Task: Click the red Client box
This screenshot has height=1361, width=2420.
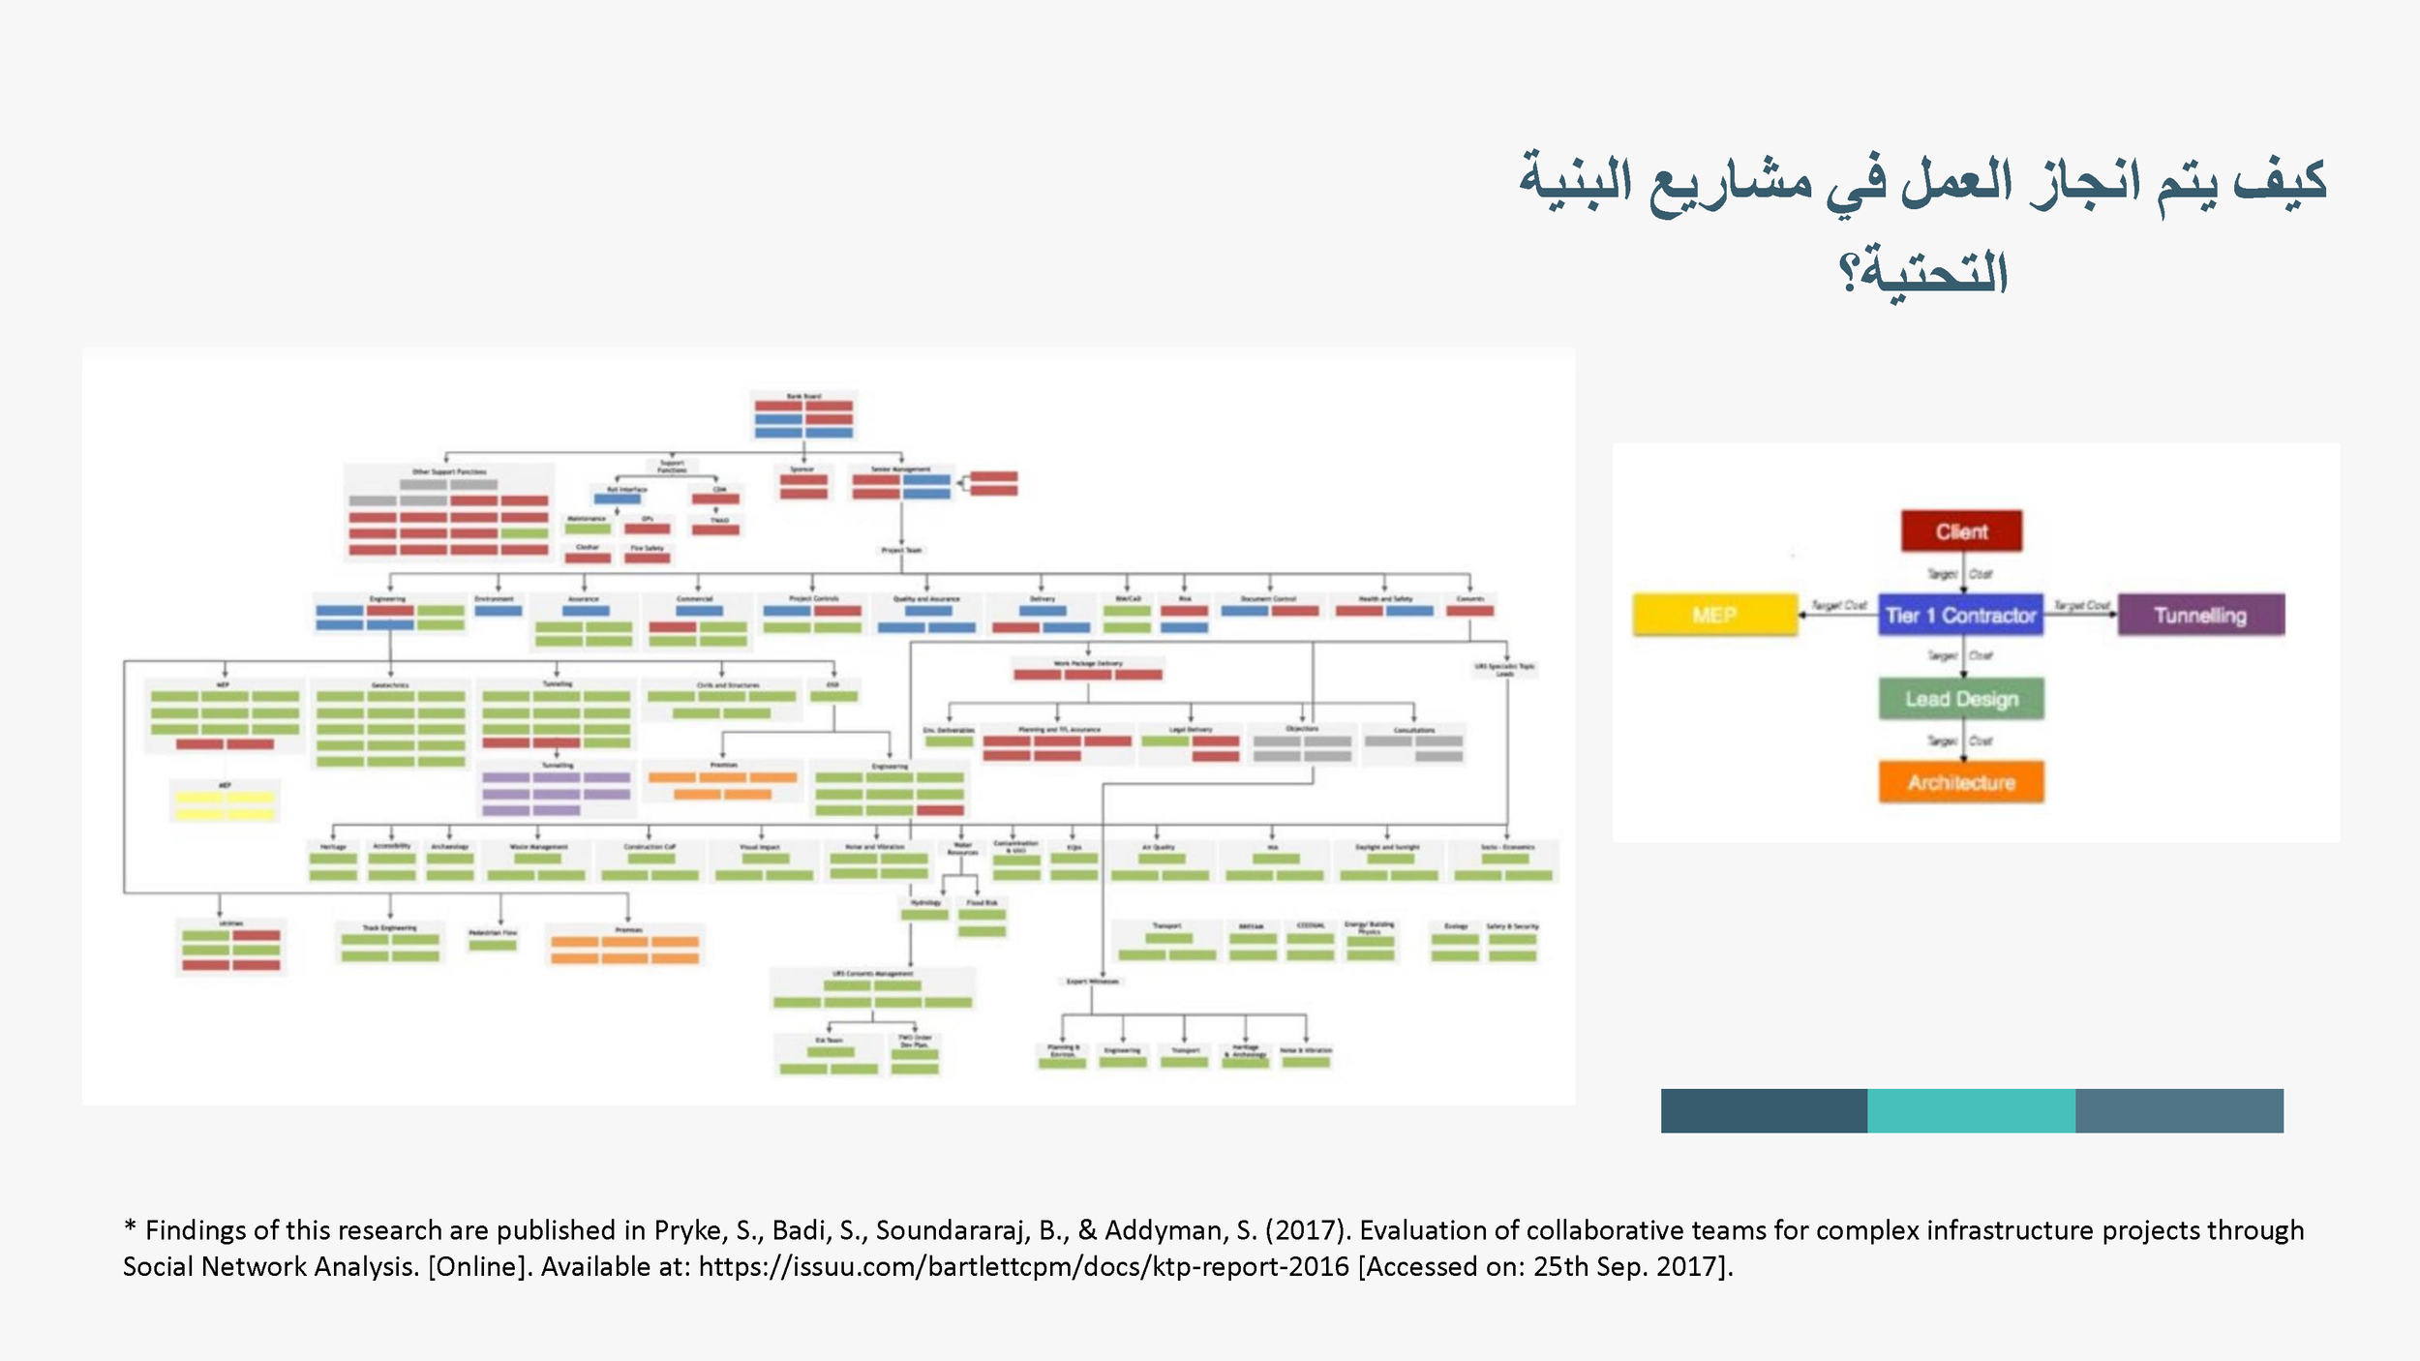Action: tap(1961, 531)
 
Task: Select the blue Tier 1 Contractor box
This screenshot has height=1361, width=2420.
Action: tap(1960, 616)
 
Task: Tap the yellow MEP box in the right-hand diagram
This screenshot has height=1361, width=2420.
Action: tap(1714, 616)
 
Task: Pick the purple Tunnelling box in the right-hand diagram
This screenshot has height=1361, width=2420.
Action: tap(2200, 616)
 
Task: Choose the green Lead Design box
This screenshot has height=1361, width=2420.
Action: tap(1961, 699)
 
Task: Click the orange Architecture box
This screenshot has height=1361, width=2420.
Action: tap(1961, 782)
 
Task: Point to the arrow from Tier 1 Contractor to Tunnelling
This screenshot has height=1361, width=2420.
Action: tap(2080, 614)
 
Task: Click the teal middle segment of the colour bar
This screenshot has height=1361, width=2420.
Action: tap(1971, 1110)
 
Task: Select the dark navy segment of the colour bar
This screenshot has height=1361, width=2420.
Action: tap(1764, 1110)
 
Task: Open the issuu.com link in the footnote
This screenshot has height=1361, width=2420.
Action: tap(1023, 1267)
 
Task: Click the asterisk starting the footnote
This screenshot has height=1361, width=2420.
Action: tap(130, 1228)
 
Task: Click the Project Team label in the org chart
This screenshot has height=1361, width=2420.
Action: tap(901, 550)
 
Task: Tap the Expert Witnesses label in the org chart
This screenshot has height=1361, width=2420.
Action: tap(1092, 982)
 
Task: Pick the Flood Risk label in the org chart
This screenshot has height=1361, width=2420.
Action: tap(982, 902)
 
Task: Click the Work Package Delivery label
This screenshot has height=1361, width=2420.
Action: tap(1087, 663)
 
